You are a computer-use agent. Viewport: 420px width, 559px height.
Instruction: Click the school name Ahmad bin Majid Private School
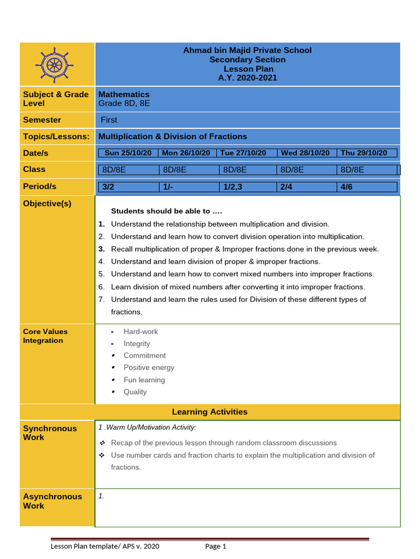click(x=247, y=50)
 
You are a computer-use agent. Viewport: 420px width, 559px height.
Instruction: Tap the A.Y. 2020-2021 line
click(x=247, y=78)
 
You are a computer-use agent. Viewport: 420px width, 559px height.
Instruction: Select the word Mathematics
click(x=124, y=94)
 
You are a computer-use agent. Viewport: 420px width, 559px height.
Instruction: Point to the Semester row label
click(x=42, y=120)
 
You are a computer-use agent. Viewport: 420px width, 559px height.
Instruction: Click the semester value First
click(x=109, y=120)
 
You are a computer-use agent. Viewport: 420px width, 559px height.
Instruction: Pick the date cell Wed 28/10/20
click(x=305, y=153)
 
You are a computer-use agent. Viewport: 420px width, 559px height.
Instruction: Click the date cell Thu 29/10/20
click(x=364, y=153)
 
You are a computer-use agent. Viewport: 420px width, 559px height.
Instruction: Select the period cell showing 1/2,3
click(x=232, y=187)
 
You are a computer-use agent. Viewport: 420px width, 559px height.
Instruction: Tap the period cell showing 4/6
click(x=347, y=187)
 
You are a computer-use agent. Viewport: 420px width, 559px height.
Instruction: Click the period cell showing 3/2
click(x=108, y=187)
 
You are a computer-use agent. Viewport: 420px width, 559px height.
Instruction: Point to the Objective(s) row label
click(x=47, y=204)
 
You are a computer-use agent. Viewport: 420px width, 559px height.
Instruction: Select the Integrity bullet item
click(x=137, y=344)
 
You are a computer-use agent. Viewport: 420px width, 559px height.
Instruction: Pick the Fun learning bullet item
click(x=144, y=380)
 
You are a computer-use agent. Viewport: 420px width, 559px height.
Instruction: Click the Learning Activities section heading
click(x=209, y=412)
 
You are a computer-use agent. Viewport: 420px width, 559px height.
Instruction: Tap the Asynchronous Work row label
click(x=52, y=501)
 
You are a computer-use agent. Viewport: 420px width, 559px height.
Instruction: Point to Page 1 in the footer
click(x=215, y=546)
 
